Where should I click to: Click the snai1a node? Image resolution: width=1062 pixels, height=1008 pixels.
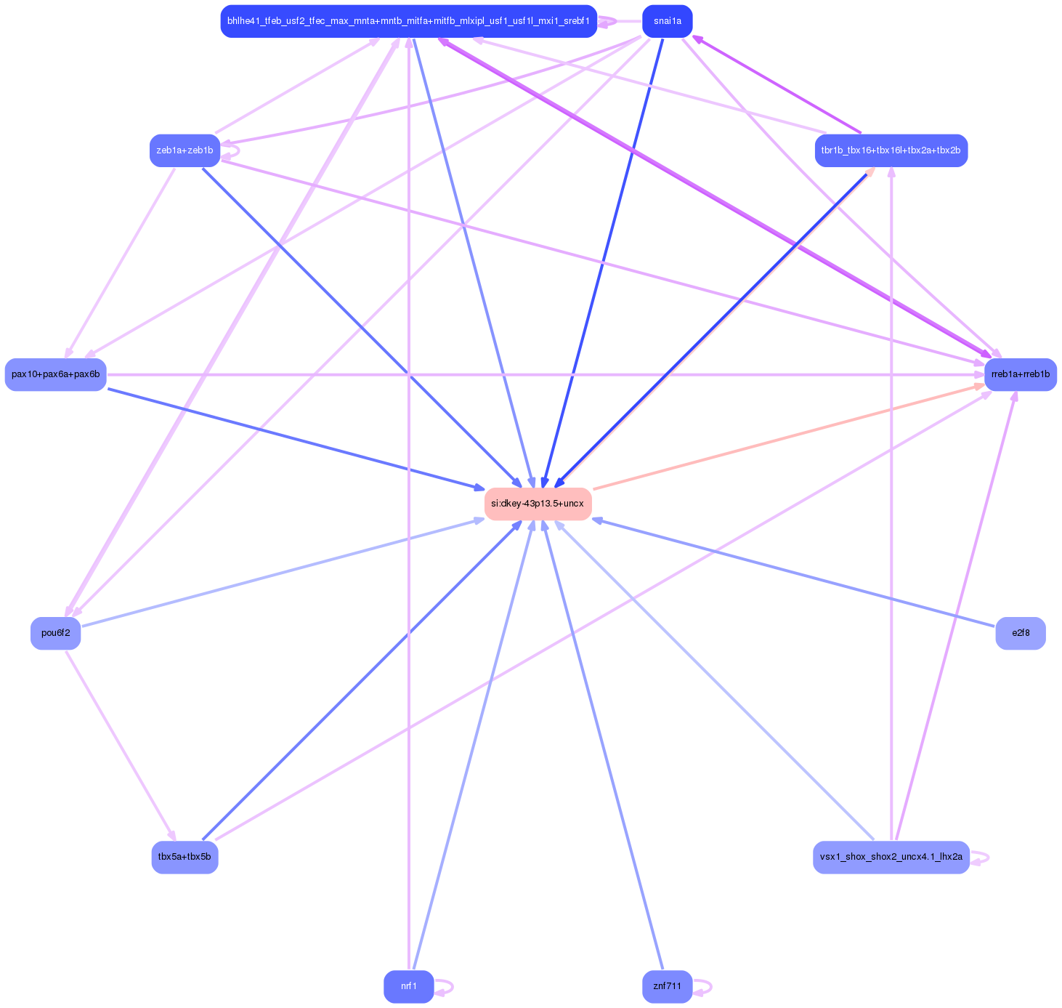pos(667,21)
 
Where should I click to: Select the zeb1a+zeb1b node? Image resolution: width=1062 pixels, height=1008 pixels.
pos(185,150)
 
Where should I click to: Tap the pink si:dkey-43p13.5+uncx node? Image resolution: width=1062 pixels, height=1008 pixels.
pos(538,504)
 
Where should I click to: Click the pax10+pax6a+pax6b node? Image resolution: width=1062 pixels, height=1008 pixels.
pos(56,374)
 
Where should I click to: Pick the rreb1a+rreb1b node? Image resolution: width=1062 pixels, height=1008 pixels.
pos(1020,374)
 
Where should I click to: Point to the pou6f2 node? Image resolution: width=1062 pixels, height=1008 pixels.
pos(56,633)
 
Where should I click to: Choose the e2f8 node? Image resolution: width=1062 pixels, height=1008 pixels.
pos(1020,633)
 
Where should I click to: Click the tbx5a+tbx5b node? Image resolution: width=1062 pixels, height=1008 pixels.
pos(185,857)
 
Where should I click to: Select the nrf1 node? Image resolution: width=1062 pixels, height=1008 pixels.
pos(408,986)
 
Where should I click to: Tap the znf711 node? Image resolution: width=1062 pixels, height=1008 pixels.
pos(667,986)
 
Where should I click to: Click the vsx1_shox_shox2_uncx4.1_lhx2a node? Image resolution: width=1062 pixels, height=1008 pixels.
pos(891,857)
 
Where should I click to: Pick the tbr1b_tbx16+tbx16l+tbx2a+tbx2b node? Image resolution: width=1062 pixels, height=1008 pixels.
pos(891,150)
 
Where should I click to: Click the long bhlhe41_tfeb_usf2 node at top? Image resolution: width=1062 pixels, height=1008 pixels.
pos(408,21)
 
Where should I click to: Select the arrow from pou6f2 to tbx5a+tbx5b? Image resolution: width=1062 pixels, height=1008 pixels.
pos(121,745)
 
